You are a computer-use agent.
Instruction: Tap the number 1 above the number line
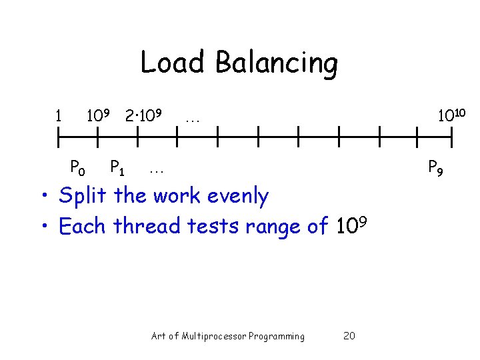point(59,116)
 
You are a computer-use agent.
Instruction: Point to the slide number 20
point(349,336)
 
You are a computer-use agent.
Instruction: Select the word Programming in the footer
point(276,336)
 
